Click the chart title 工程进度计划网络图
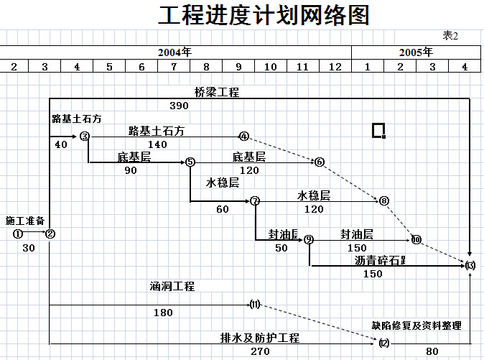(x=264, y=15)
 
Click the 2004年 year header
(x=175, y=52)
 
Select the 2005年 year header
(x=416, y=52)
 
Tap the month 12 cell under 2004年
(x=335, y=67)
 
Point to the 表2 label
(x=450, y=35)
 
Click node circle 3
(x=84, y=136)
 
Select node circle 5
(x=190, y=162)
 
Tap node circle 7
(x=255, y=201)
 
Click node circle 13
(x=470, y=265)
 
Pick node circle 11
(x=254, y=305)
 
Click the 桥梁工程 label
(x=217, y=92)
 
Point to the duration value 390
(x=179, y=106)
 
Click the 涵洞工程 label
(x=172, y=286)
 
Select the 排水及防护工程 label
(x=260, y=338)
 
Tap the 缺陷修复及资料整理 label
(x=416, y=326)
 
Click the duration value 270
(x=260, y=352)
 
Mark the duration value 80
(x=432, y=352)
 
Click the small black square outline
(x=378, y=130)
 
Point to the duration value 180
(x=163, y=313)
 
